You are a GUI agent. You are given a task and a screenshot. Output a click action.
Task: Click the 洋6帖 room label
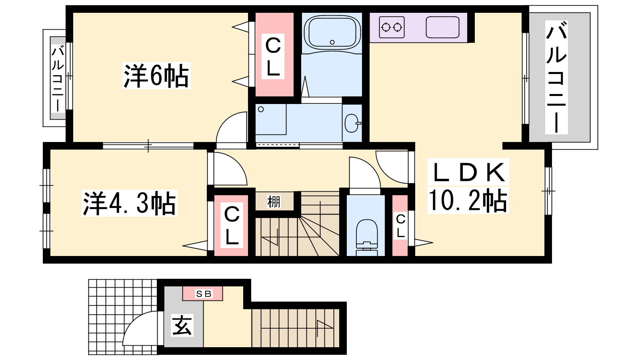click(156, 76)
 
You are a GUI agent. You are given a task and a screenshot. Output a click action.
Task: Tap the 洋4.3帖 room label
click(130, 203)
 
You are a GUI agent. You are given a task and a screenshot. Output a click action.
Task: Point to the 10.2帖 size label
click(468, 200)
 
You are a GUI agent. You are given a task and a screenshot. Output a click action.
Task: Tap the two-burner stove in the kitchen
click(392, 27)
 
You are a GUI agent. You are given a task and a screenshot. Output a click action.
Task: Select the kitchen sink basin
click(442, 27)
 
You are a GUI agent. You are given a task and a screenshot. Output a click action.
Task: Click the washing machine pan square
click(270, 120)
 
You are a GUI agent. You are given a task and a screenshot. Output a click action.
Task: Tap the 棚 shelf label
click(274, 202)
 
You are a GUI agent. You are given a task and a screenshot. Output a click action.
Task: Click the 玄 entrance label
click(182, 325)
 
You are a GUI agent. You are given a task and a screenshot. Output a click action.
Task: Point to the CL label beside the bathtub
click(273, 56)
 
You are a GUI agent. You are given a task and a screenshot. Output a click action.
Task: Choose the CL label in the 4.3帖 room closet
click(232, 225)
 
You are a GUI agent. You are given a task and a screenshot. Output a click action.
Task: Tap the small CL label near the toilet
click(400, 226)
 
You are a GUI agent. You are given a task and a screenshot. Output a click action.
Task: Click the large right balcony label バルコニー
click(556, 77)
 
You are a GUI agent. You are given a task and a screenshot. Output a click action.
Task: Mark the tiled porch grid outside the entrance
click(123, 316)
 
